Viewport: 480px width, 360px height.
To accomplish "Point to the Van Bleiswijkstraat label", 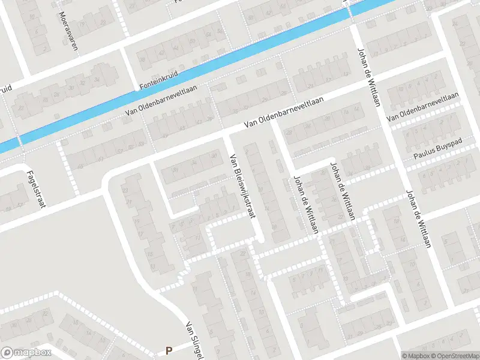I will point(242,187).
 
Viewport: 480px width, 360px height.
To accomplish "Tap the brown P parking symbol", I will point(169,350).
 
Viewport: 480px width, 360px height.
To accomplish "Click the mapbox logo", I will point(26,353).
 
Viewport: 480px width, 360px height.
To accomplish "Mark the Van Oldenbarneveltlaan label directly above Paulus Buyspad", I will point(423,108).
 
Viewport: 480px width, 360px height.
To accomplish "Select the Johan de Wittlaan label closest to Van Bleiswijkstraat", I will point(305,205).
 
